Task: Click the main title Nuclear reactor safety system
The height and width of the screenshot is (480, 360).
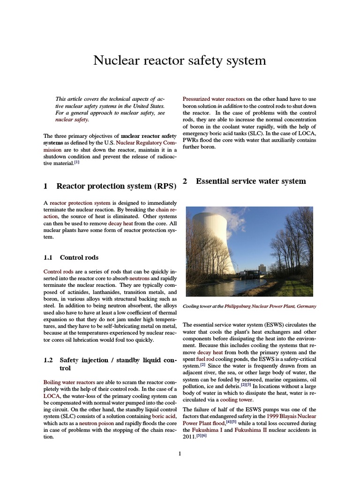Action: [180, 60]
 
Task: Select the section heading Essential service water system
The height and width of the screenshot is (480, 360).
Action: [251, 181]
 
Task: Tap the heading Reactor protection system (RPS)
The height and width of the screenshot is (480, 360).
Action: [116, 186]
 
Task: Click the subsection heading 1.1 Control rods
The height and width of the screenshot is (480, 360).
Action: [79, 257]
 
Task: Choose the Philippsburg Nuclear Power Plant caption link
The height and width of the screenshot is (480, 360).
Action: [276, 306]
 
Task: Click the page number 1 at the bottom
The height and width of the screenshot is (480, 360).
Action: [180, 453]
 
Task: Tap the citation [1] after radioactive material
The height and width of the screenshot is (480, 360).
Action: [77, 163]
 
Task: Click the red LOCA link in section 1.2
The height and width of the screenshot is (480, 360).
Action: [52, 396]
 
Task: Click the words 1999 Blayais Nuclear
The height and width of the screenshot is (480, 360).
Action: [291, 416]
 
